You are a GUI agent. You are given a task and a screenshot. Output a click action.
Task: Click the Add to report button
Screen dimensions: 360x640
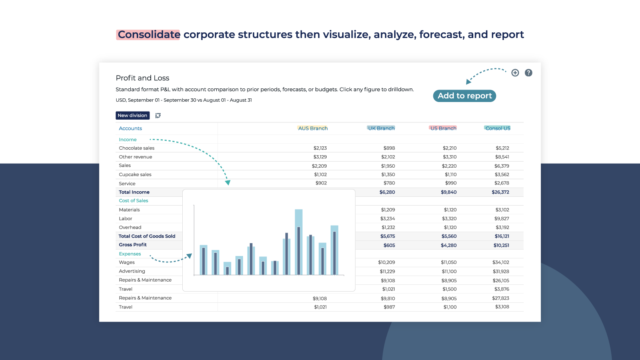(x=465, y=96)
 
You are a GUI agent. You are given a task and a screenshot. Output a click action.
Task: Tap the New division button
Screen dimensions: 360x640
(x=132, y=116)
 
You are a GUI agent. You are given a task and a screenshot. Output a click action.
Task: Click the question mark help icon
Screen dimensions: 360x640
(x=528, y=73)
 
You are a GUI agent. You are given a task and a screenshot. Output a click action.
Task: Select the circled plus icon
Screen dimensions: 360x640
(x=515, y=73)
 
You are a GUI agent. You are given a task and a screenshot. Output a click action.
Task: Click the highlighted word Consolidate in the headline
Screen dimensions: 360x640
(x=148, y=35)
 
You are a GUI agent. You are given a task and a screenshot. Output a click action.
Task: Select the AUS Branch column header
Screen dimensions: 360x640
(x=313, y=128)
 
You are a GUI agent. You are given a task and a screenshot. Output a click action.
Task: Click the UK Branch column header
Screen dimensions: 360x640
(x=381, y=128)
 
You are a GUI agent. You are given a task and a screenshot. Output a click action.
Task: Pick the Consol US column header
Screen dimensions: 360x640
(x=498, y=128)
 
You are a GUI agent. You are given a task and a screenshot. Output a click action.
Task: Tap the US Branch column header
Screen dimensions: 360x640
(x=443, y=128)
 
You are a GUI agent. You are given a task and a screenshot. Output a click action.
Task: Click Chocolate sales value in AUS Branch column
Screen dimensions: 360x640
(x=320, y=148)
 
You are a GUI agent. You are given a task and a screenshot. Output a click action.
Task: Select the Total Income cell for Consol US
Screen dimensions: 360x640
(x=500, y=192)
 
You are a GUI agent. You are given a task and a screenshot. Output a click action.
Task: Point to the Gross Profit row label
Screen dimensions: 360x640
(x=133, y=245)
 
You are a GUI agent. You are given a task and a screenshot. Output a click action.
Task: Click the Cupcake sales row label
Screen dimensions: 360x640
(x=135, y=174)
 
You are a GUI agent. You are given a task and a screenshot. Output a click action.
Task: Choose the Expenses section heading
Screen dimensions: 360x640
(x=130, y=254)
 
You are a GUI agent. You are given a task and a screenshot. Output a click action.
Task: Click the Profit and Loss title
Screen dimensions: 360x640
(x=142, y=78)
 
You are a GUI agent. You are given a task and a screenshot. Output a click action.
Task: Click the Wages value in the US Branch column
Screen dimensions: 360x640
(x=449, y=262)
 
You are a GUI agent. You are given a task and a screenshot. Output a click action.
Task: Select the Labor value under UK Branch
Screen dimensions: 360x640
(x=387, y=219)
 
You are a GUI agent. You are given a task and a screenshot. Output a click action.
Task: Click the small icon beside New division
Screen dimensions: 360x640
(x=158, y=116)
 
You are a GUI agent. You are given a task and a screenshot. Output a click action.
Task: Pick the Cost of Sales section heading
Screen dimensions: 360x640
(x=134, y=201)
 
